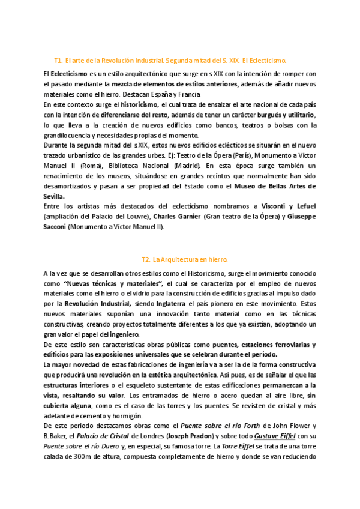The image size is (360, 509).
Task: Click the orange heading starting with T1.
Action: [x=170, y=61]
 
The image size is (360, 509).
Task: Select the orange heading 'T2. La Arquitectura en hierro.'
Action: [x=185, y=259]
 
